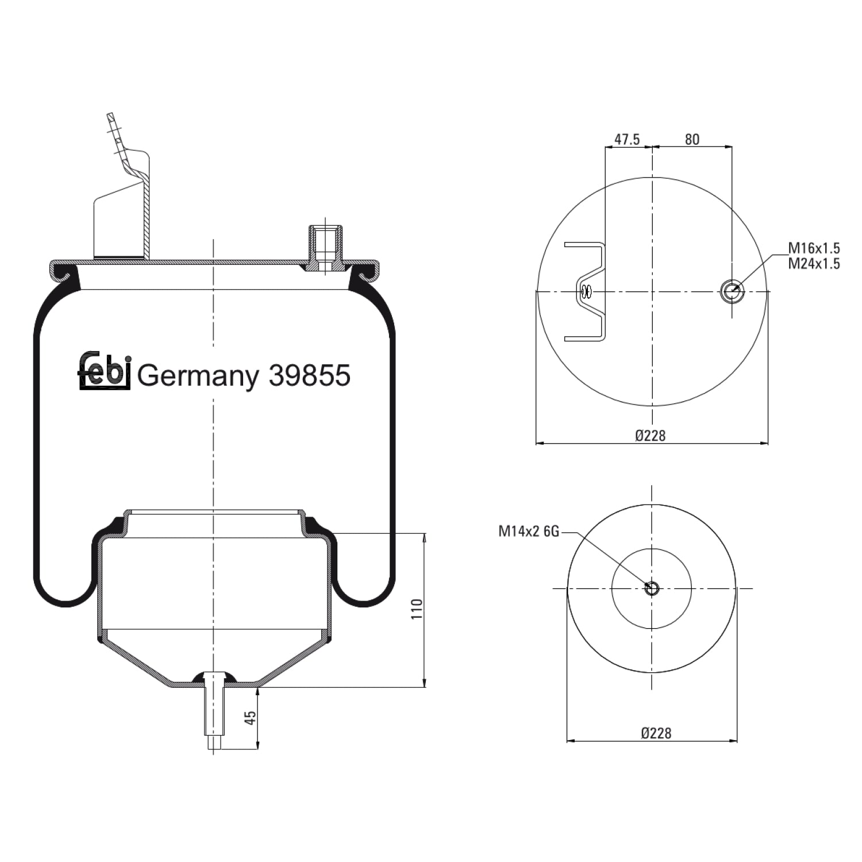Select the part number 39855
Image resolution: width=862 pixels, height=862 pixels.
coord(309,376)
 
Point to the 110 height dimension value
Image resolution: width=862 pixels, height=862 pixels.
coord(417,609)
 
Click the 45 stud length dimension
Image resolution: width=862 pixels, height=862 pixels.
coord(250,718)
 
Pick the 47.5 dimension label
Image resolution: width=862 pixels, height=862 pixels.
coord(627,140)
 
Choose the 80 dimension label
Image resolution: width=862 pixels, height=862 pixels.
coord(692,140)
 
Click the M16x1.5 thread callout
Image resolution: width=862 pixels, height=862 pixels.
coord(814,248)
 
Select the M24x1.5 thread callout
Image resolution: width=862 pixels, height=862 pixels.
coord(814,263)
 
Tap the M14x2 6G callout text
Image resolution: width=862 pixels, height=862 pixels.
coord(528,532)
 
